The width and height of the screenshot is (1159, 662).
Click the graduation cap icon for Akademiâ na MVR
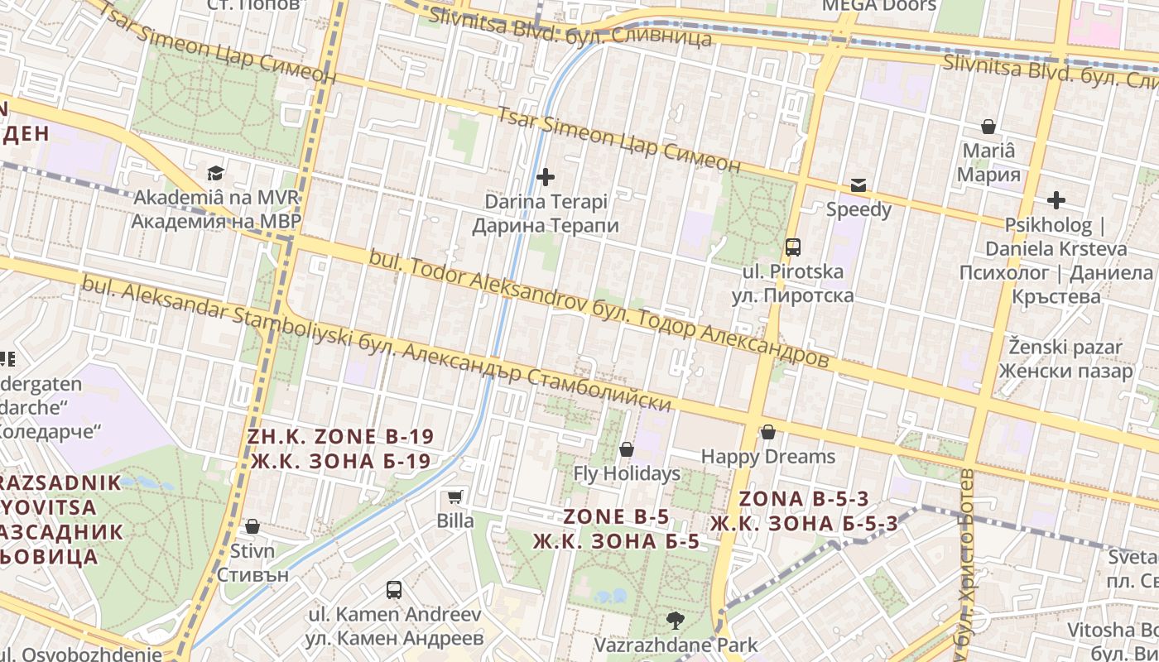tap(215, 173)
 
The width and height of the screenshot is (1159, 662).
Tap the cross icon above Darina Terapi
tap(546, 176)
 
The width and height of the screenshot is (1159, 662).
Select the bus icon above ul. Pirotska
tap(792, 247)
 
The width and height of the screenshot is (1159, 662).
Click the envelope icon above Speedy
tap(858, 185)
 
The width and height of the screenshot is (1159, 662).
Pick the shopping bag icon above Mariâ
tap(988, 127)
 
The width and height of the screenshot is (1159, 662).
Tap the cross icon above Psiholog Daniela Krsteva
tap(1056, 199)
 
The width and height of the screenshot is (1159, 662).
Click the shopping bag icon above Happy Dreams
tap(768, 432)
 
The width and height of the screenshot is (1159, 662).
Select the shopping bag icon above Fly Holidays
tap(627, 449)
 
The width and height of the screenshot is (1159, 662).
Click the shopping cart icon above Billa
tap(454, 496)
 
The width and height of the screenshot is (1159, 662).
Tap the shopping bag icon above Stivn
tap(252, 526)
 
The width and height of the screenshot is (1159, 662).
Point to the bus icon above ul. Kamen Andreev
tap(394, 590)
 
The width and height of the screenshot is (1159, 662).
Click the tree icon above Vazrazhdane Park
tap(676, 620)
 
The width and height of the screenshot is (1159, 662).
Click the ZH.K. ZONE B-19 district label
tap(340, 449)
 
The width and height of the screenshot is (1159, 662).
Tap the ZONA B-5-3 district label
tap(804, 511)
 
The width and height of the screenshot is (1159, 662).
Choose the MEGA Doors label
tap(878, 6)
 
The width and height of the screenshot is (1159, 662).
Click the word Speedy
tap(858, 209)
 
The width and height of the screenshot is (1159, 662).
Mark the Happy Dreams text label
tap(768, 457)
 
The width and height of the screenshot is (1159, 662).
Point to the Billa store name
tap(455, 520)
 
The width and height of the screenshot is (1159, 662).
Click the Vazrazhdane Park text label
tap(676, 645)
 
